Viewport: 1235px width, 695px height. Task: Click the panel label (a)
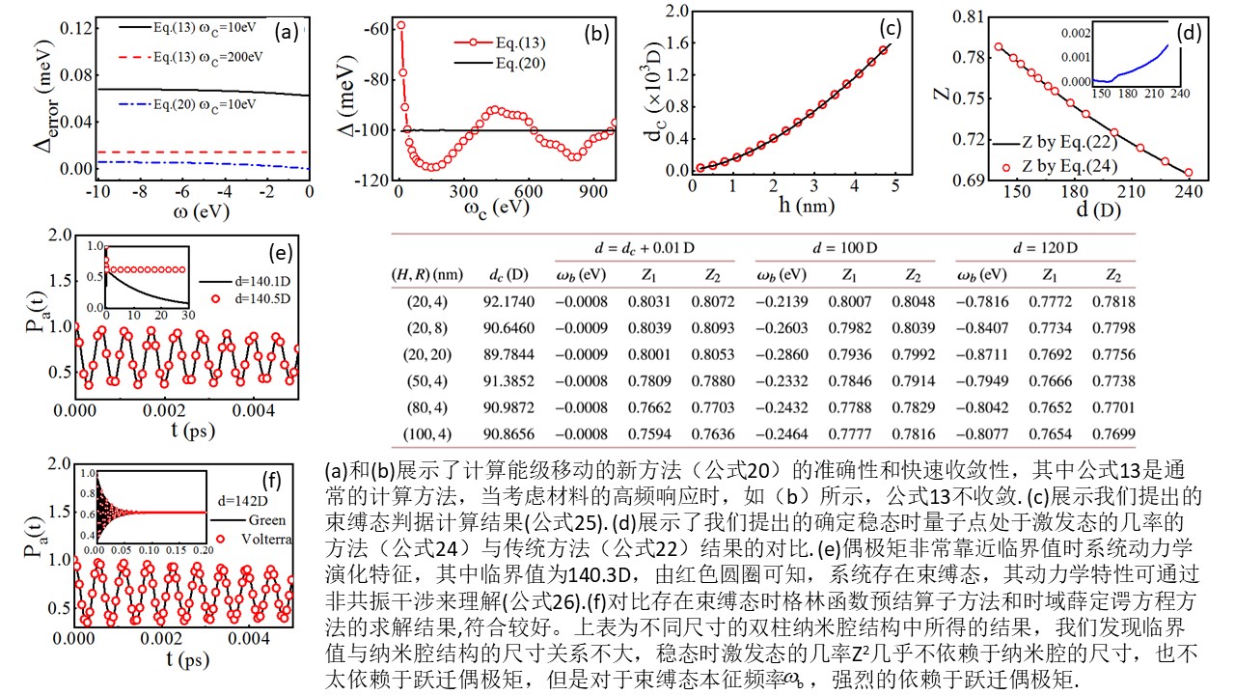click(x=286, y=31)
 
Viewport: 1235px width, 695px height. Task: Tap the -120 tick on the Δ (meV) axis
click(x=374, y=180)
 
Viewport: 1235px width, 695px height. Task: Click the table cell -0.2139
click(x=779, y=301)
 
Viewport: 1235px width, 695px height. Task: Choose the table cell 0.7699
click(x=1112, y=435)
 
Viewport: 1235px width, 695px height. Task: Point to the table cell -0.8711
click(x=981, y=355)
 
